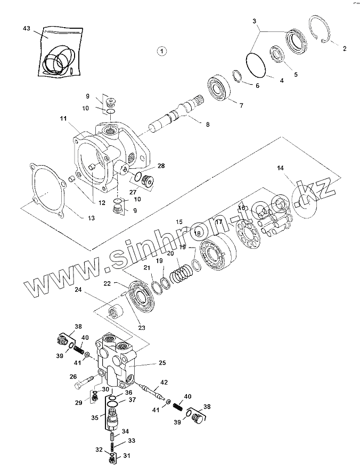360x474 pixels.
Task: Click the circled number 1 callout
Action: (161, 51)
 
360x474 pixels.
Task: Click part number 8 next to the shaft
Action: (207, 124)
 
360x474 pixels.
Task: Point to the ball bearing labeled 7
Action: (219, 88)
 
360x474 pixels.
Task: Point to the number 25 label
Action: (162, 363)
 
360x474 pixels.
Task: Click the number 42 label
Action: (164, 382)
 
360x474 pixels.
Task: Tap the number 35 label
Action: (94, 419)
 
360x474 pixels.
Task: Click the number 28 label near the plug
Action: (161, 166)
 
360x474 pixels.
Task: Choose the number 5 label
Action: (296, 75)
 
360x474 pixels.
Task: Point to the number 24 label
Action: (78, 290)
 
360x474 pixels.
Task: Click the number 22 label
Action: (107, 283)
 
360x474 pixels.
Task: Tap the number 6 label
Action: (257, 85)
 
